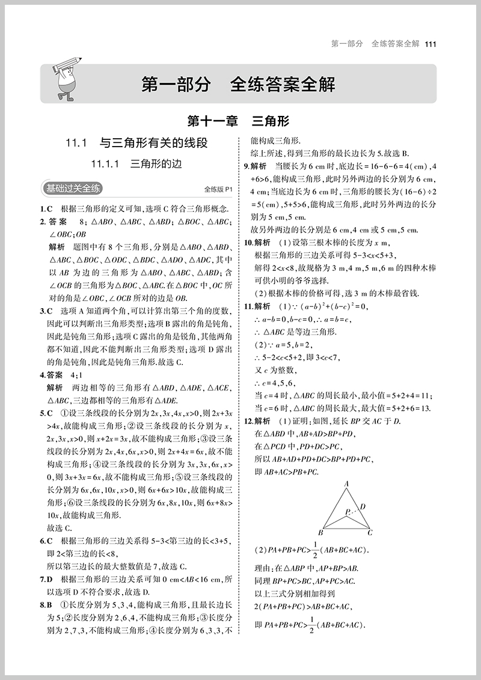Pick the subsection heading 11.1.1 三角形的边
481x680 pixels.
[136, 163]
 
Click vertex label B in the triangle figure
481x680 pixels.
[321, 533]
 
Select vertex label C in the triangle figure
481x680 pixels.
[370, 533]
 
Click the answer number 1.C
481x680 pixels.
[46, 209]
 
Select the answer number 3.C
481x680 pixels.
[46, 311]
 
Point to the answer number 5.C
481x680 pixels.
[46, 413]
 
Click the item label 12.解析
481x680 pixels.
[257, 420]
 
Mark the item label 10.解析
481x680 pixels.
[257, 242]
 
